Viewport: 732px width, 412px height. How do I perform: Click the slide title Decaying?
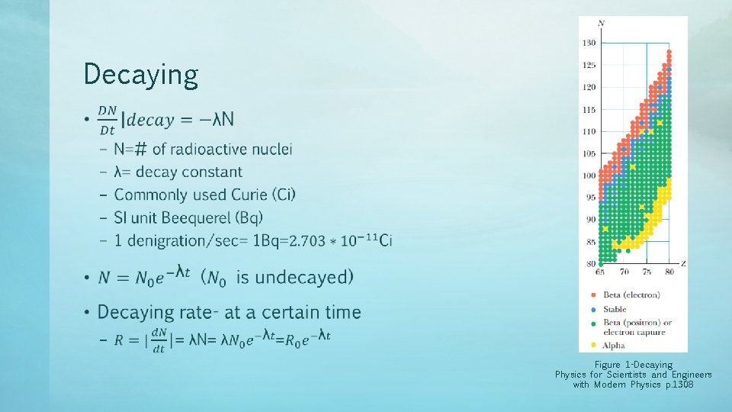[x=141, y=75]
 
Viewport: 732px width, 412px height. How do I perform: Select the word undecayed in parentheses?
[x=302, y=277]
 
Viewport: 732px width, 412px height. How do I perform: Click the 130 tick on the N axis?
[x=589, y=43]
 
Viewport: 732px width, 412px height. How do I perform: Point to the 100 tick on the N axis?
[x=589, y=175]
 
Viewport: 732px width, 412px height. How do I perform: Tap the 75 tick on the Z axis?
[x=647, y=272]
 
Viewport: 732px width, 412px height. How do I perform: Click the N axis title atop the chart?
[x=602, y=23]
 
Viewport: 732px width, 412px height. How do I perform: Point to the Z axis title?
[x=682, y=264]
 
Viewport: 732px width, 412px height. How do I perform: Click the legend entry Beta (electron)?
[x=631, y=295]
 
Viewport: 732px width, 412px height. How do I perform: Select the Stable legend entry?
[x=615, y=309]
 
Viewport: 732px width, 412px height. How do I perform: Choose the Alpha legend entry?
[x=614, y=346]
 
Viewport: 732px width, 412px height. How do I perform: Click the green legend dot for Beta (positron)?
[x=594, y=323]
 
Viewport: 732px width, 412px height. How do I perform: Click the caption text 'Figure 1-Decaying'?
[x=634, y=365]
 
